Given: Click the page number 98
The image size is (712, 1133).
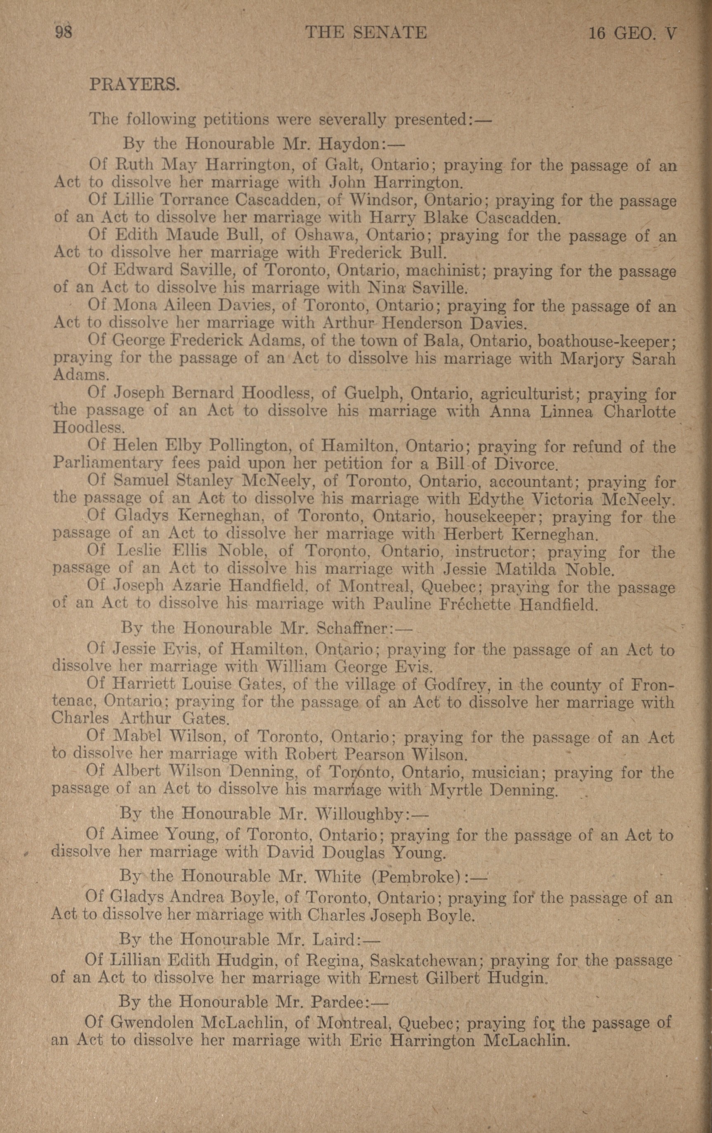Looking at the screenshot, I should click(x=64, y=33).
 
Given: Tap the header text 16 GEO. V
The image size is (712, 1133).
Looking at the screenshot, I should click(x=632, y=33).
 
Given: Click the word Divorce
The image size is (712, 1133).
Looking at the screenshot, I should click(x=526, y=464).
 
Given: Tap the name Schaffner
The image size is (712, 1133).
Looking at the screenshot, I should click(x=351, y=628).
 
